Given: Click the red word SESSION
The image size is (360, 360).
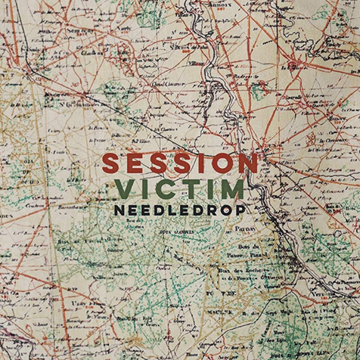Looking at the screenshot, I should (x=180, y=163).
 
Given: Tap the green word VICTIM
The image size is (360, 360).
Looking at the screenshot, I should (x=181, y=188).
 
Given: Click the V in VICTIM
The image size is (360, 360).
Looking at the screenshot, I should (x=124, y=188).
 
